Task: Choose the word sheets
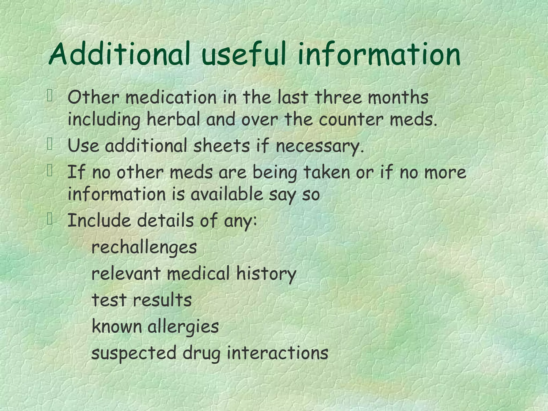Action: point(221,146)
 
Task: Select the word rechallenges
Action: point(144,248)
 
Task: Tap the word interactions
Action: point(277,353)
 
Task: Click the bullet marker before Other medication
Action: point(50,96)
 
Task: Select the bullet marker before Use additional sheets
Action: point(50,145)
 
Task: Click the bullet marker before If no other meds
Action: point(50,171)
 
